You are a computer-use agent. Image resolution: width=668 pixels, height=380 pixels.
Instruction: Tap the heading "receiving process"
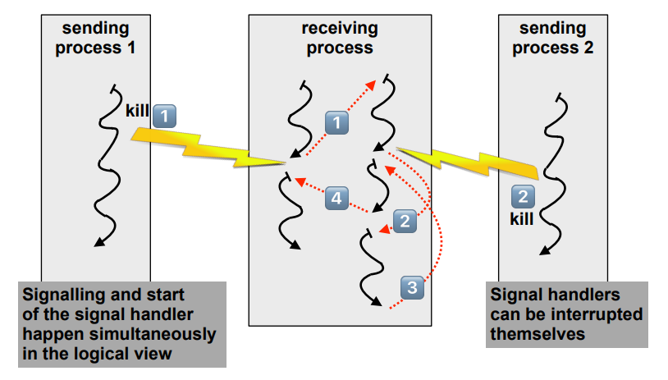tap(340, 38)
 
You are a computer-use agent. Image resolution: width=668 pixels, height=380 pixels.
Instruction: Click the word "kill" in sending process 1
tap(138, 111)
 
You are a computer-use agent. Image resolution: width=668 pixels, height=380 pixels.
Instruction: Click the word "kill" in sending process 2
tap(522, 219)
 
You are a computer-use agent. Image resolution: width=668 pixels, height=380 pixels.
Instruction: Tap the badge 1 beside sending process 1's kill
tap(165, 115)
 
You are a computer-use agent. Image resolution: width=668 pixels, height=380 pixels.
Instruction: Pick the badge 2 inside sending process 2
tap(523, 197)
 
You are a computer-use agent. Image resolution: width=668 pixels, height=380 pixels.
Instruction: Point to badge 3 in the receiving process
tap(412, 286)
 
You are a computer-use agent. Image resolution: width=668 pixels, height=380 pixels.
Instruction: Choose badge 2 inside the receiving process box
tap(404, 220)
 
